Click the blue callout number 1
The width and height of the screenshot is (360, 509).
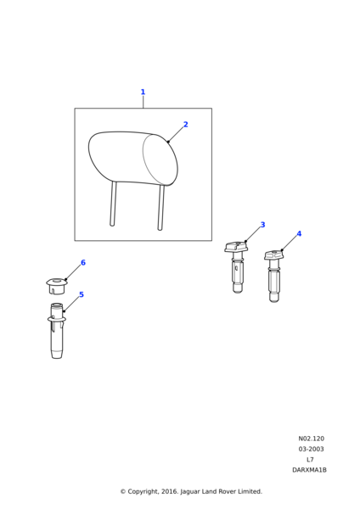pyautogui.click(x=143, y=92)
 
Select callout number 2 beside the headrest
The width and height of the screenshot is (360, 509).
pyautogui.click(x=186, y=125)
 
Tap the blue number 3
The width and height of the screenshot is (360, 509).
pyautogui.click(x=262, y=225)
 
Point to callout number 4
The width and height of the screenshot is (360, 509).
pyautogui.click(x=299, y=234)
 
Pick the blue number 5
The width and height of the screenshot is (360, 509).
pyautogui.click(x=82, y=294)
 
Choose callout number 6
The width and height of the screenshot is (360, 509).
pyautogui.click(x=83, y=263)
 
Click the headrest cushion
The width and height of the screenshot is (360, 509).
pyautogui.click(x=133, y=159)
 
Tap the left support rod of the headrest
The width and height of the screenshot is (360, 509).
pyautogui.click(x=113, y=204)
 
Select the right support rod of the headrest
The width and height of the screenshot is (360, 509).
pyautogui.click(x=160, y=208)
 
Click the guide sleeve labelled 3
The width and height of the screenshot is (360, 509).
pyautogui.click(x=237, y=267)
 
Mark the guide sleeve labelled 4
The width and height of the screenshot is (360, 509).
pyautogui.click(x=273, y=276)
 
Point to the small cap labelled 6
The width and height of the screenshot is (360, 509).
pyautogui.click(x=57, y=286)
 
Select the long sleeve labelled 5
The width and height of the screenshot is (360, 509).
pyautogui.click(x=57, y=331)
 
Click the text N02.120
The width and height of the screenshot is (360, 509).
pyautogui.click(x=311, y=439)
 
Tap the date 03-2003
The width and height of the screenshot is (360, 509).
pyautogui.click(x=311, y=449)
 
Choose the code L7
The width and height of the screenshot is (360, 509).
pyautogui.click(x=310, y=459)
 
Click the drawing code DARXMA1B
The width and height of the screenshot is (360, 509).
pyautogui.click(x=309, y=470)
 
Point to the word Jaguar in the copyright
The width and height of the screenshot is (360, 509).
pyautogui.click(x=189, y=492)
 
